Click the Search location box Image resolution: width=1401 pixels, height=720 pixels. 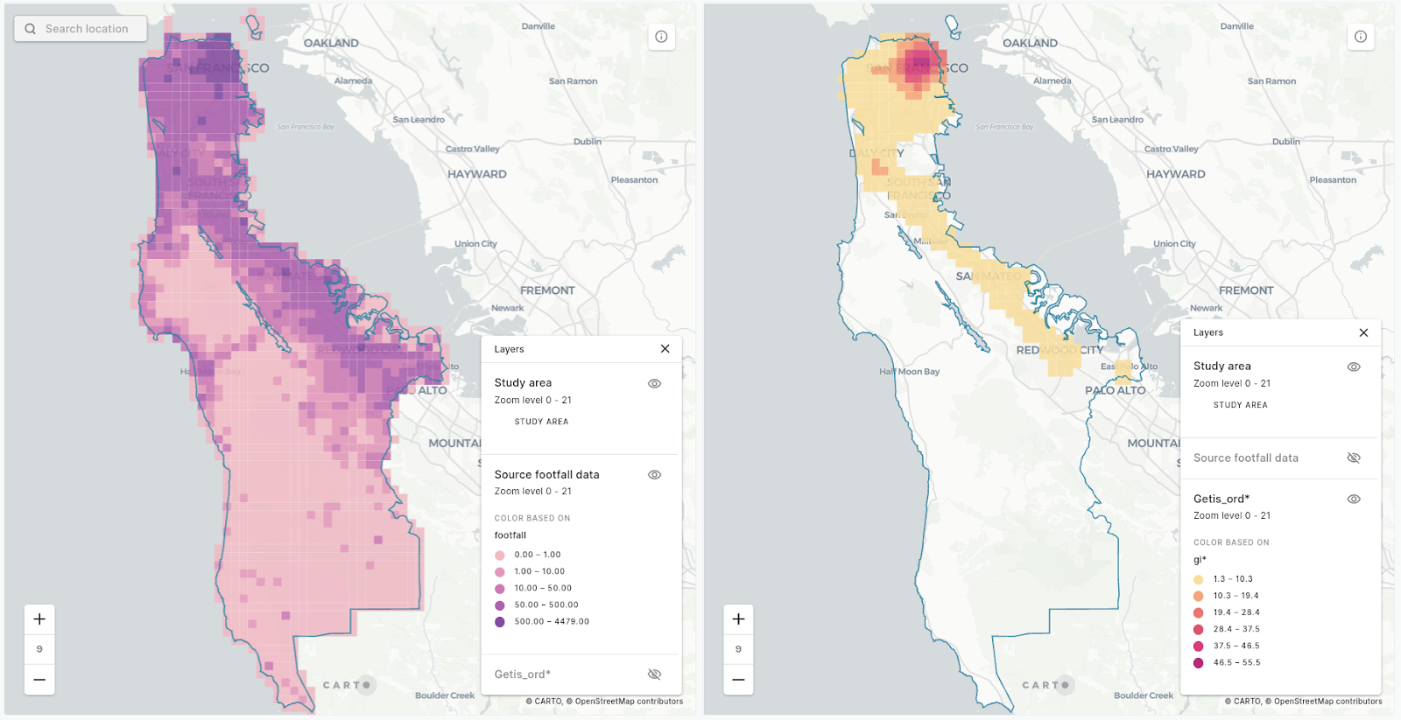click(x=81, y=29)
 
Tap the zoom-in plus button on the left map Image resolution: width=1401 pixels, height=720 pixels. click(x=39, y=619)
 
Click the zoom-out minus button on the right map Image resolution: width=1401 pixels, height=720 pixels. click(x=738, y=680)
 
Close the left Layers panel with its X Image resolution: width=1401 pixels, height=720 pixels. click(x=665, y=349)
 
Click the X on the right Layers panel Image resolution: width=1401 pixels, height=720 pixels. click(x=1363, y=332)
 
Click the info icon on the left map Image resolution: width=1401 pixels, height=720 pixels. click(x=661, y=37)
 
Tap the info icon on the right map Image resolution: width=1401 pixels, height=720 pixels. click(x=1360, y=37)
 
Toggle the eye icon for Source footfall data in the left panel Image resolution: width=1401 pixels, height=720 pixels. click(x=654, y=475)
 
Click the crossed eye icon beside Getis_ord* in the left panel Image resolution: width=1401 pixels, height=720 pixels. click(x=654, y=675)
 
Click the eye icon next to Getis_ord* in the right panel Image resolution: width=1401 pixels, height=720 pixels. click(x=1353, y=500)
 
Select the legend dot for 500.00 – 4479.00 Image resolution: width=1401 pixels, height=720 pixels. click(x=500, y=622)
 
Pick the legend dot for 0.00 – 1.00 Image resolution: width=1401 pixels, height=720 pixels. click(x=500, y=556)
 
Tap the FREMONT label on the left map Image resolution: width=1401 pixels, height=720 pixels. click(x=547, y=290)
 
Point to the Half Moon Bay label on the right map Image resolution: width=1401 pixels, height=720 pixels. click(x=909, y=372)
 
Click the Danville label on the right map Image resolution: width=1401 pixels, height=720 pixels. click(x=1236, y=26)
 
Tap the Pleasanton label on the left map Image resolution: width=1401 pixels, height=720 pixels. click(x=634, y=180)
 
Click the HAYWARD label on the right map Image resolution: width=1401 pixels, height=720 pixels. click(x=1175, y=174)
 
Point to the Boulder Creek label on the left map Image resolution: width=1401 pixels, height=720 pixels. click(x=445, y=696)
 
